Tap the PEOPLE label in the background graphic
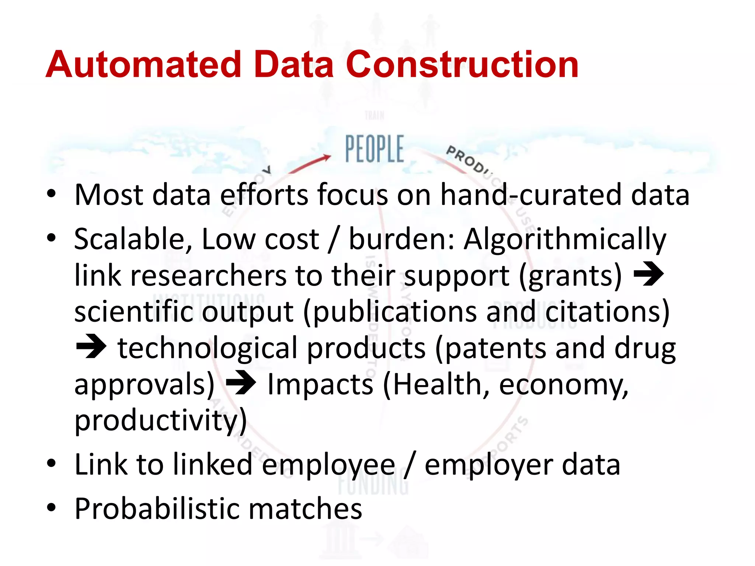point(374,149)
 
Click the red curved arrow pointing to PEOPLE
point(312,163)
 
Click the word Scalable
point(133,240)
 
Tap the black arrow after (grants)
point(648,275)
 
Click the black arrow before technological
point(91,347)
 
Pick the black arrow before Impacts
point(241,383)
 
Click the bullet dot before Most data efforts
point(51,194)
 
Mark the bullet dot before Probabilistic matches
point(51,508)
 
